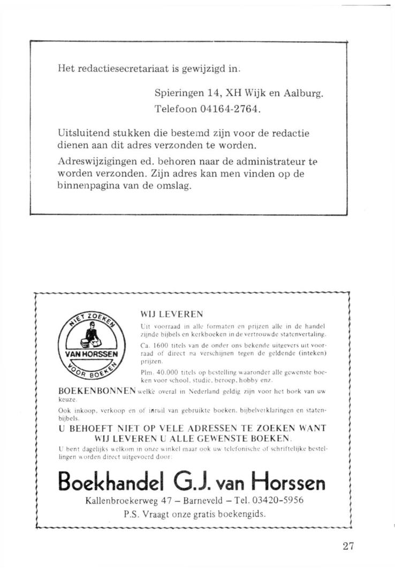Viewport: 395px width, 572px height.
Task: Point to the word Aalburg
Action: (x=304, y=93)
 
